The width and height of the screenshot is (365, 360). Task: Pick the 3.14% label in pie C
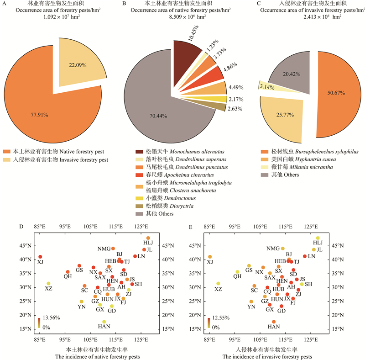[266, 85]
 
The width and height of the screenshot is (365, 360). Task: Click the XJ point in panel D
[40, 257]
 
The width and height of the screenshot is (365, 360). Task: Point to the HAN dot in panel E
[274, 322]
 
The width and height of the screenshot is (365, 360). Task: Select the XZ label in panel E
[218, 289]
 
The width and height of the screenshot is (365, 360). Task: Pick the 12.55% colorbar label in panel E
[221, 318]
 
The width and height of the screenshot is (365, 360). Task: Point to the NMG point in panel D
[113, 249]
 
